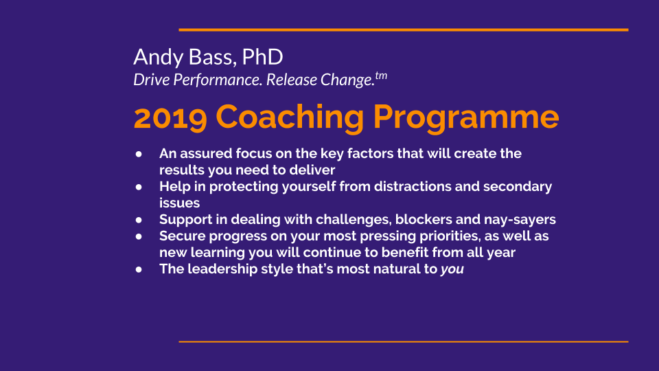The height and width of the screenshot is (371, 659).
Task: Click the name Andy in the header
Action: point(159,58)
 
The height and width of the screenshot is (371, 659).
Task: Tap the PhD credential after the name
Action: point(263,56)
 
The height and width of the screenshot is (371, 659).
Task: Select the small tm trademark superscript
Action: point(381,76)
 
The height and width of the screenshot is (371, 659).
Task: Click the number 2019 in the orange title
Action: point(170,117)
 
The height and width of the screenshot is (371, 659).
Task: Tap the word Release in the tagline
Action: point(292,80)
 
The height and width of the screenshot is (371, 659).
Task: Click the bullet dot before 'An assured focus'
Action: point(139,154)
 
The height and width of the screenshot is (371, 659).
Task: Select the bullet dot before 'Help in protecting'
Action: point(139,187)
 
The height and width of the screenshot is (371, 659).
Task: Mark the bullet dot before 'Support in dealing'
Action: point(139,220)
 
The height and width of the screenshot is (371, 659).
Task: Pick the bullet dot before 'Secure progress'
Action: point(139,236)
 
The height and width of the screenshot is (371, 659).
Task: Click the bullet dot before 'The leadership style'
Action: point(139,269)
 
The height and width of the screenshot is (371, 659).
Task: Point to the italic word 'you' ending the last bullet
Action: point(452,269)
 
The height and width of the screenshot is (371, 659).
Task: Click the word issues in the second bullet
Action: point(179,203)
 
